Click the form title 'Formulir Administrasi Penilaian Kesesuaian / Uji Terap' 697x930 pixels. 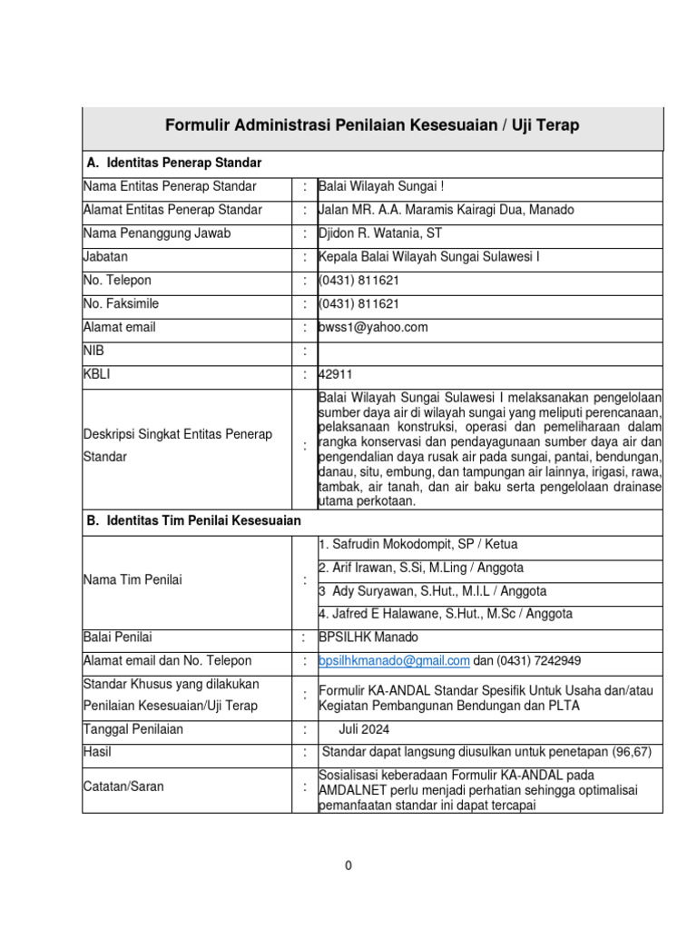tap(371, 125)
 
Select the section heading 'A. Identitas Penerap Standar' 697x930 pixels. tap(173, 163)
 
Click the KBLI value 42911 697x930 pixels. tap(336, 374)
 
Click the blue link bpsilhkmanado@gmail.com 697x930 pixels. tap(394, 660)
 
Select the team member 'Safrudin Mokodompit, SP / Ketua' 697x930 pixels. tap(418, 545)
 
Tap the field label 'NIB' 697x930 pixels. tap(94, 351)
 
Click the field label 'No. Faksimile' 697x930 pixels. tap(121, 303)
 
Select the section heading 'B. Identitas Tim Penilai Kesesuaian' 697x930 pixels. tap(193, 521)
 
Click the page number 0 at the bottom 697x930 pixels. tap(348, 866)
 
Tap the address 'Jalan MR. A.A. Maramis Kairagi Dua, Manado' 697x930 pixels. tap(446, 210)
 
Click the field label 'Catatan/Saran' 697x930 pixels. tap(123, 787)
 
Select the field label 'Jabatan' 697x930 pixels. tap(105, 257)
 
